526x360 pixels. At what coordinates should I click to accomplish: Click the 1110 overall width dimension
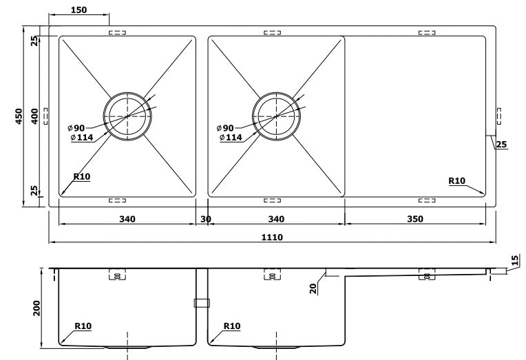tap(273, 237)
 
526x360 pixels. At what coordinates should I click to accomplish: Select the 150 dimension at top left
tap(78, 10)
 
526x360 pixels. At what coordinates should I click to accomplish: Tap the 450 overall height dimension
tap(19, 117)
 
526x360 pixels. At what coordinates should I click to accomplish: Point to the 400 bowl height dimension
tap(34, 117)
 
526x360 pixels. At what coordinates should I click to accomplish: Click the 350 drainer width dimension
tap(414, 219)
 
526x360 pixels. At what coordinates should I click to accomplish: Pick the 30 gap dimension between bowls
tap(205, 219)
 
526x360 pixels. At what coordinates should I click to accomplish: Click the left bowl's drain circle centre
tap(127, 116)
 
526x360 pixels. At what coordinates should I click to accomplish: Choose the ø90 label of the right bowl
tap(225, 128)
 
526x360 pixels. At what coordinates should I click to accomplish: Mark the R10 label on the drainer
tap(456, 181)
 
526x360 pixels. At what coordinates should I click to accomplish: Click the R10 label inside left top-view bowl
tap(81, 177)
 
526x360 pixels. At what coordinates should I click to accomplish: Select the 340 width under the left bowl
tap(126, 219)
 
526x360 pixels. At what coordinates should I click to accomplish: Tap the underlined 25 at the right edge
tap(501, 145)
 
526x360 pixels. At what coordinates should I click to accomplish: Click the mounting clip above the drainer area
tap(427, 32)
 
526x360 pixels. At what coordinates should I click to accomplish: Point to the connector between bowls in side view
tap(201, 302)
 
